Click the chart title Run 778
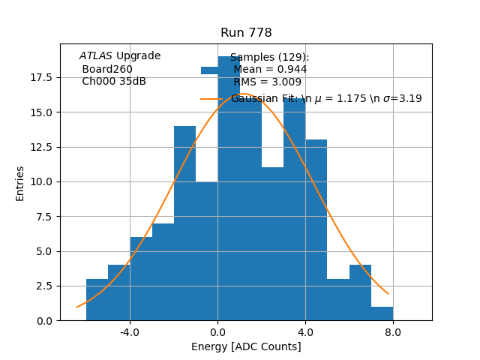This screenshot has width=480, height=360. [246, 33]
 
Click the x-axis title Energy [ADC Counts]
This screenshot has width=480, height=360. [246, 346]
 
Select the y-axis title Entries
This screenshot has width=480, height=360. [20, 183]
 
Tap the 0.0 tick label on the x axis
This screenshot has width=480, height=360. [217, 331]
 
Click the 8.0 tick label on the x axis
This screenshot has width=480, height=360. [393, 331]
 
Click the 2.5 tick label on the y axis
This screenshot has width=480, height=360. [42, 286]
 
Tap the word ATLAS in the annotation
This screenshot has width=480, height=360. [95, 56]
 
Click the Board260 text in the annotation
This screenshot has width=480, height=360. [107, 69]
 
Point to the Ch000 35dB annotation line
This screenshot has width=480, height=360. [114, 82]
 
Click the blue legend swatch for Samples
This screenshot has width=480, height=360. [211, 70]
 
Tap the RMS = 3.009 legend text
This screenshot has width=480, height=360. [268, 82]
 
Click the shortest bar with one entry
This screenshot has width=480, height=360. [382, 313]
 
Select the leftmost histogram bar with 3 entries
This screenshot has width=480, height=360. [97, 300]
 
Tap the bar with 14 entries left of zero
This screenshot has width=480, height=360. [184, 225]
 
